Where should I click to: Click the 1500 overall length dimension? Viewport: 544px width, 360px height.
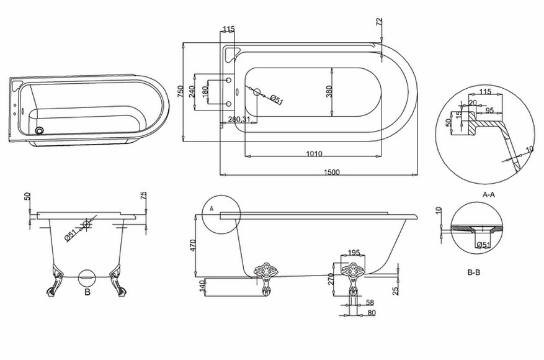click(331, 172)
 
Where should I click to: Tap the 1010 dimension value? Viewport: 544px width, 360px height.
click(314, 153)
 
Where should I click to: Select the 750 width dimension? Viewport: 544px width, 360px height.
click(181, 91)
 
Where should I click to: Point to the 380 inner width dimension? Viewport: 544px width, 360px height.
click(329, 91)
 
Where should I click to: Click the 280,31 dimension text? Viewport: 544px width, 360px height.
click(239, 119)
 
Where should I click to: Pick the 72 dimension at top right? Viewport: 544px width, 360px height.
click(379, 21)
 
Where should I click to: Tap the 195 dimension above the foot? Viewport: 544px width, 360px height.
click(353, 253)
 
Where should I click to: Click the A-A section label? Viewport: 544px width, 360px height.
click(489, 194)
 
